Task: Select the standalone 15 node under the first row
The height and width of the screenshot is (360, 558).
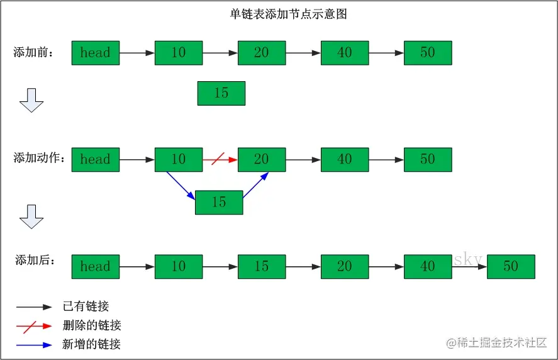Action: pos(221,93)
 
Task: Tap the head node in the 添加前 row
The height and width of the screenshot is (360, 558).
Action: pos(96,53)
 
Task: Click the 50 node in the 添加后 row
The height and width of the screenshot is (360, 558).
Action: pos(510,266)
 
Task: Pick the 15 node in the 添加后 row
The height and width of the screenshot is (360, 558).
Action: pos(262,266)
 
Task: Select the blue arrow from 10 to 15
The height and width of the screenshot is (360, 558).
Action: pos(181,186)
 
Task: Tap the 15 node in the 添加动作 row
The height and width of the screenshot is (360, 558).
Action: pos(219,203)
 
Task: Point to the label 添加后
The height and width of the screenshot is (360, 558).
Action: pos(35,259)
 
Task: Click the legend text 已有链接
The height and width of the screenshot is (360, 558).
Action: pos(86,307)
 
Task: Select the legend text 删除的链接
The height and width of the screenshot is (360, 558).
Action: pos(92,325)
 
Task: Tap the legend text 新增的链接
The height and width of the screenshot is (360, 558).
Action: pos(92,344)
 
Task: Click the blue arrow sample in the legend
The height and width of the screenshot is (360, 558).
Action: pos(34,345)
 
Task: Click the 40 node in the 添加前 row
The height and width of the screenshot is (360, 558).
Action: pos(345,53)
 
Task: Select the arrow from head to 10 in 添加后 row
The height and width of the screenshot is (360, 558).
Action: pos(137,267)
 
